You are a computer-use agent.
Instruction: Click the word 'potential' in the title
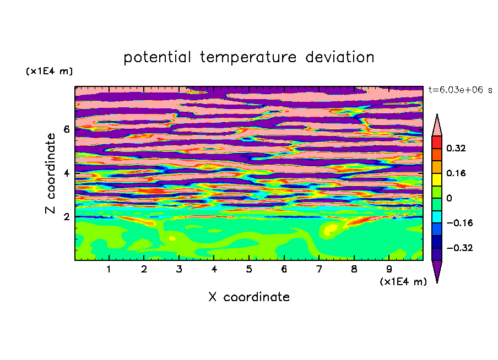(157, 57)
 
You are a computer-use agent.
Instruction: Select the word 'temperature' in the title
(248, 57)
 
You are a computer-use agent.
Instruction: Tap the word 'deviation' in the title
(340, 57)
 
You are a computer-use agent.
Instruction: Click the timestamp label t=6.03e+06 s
(460, 90)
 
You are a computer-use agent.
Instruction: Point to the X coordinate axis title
(249, 297)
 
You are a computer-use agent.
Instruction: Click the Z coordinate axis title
(50, 173)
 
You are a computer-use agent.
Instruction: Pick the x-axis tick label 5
(249, 269)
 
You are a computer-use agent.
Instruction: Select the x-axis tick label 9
(389, 269)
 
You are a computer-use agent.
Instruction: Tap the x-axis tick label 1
(109, 269)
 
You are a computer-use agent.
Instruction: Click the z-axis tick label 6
(66, 129)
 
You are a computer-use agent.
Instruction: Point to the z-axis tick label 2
(66, 217)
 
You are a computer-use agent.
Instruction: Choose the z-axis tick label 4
(66, 173)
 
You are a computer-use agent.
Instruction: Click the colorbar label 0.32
(456, 148)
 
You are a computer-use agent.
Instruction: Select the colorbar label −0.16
(459, 223)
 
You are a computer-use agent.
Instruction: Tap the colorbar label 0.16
(456, 173)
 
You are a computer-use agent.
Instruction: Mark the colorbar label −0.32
(459, 248)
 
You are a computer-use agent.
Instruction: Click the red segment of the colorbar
(437, 142)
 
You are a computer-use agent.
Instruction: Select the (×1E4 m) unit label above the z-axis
(49, 71)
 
